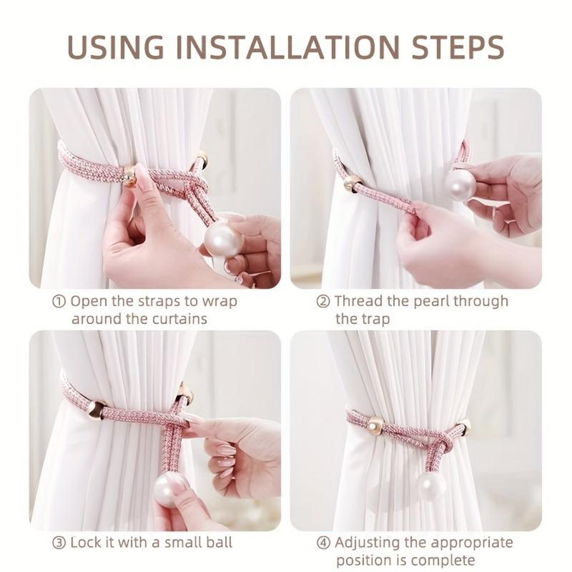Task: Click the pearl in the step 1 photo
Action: point(223,241)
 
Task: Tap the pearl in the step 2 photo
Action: point(460,185)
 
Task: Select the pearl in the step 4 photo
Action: point(431,486)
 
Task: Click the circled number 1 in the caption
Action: point(59,301)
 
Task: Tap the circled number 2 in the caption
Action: point(323,301)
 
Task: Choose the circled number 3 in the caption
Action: point(59,543)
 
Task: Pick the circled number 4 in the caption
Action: point(323,543)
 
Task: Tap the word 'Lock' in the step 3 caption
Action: point(87,543)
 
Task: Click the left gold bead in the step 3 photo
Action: point(96,410)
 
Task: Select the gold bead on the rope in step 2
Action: point(352,184)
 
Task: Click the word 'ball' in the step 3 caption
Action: point(217,543)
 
